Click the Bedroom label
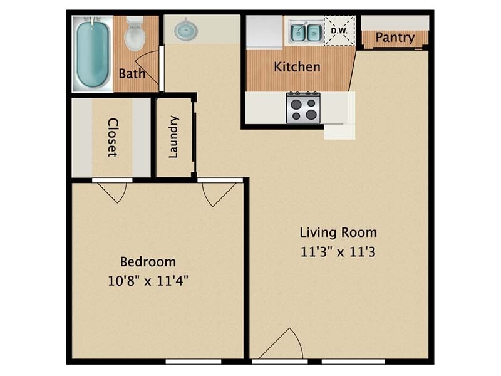click(x=148, y=261)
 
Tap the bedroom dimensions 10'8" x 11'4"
click(x=148, y=280)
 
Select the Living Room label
click(x=338, y=232)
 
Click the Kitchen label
click(x=297, y=66)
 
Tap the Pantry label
click(x=395, y=38)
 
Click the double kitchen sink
click(x=306, y=32)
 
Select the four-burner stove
click(x=303, y=108)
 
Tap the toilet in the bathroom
click(x=134, y=34)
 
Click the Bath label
click(x=132, y=73)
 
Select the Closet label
click(x=112, y=137)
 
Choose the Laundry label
click(x=174, y=137)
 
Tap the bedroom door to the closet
click(x=113, y=191)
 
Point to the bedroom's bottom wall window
click(x=194, y=362)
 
